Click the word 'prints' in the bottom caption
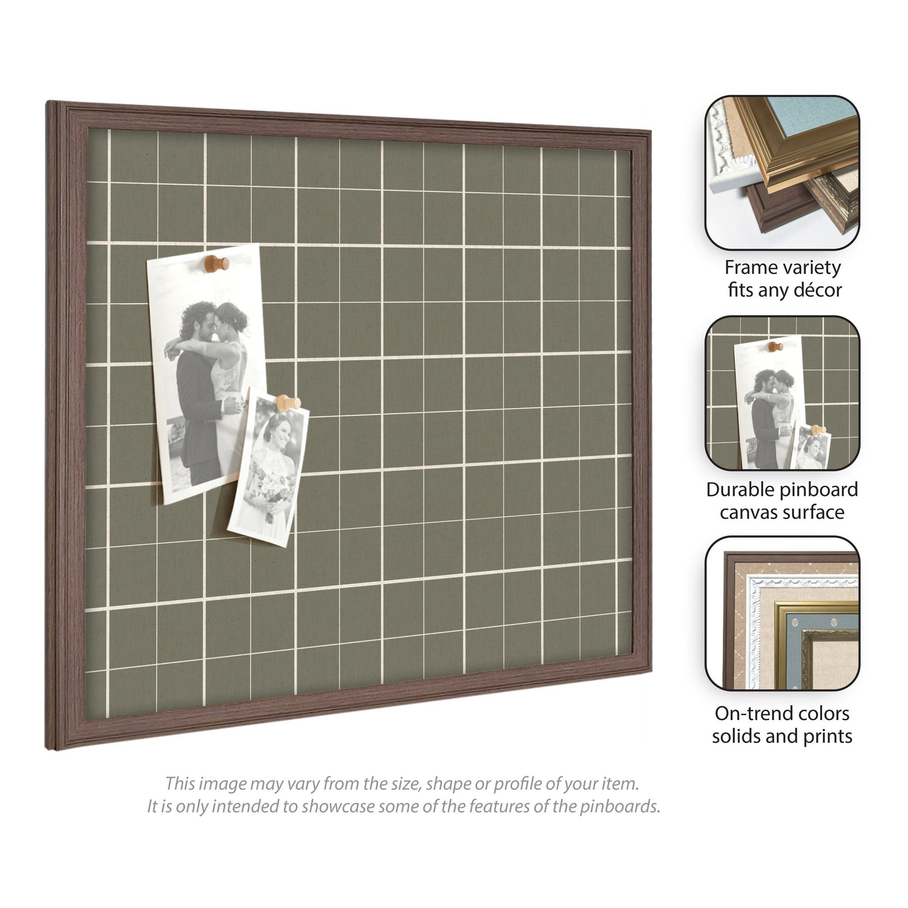823,736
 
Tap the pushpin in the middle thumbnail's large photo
775,347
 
